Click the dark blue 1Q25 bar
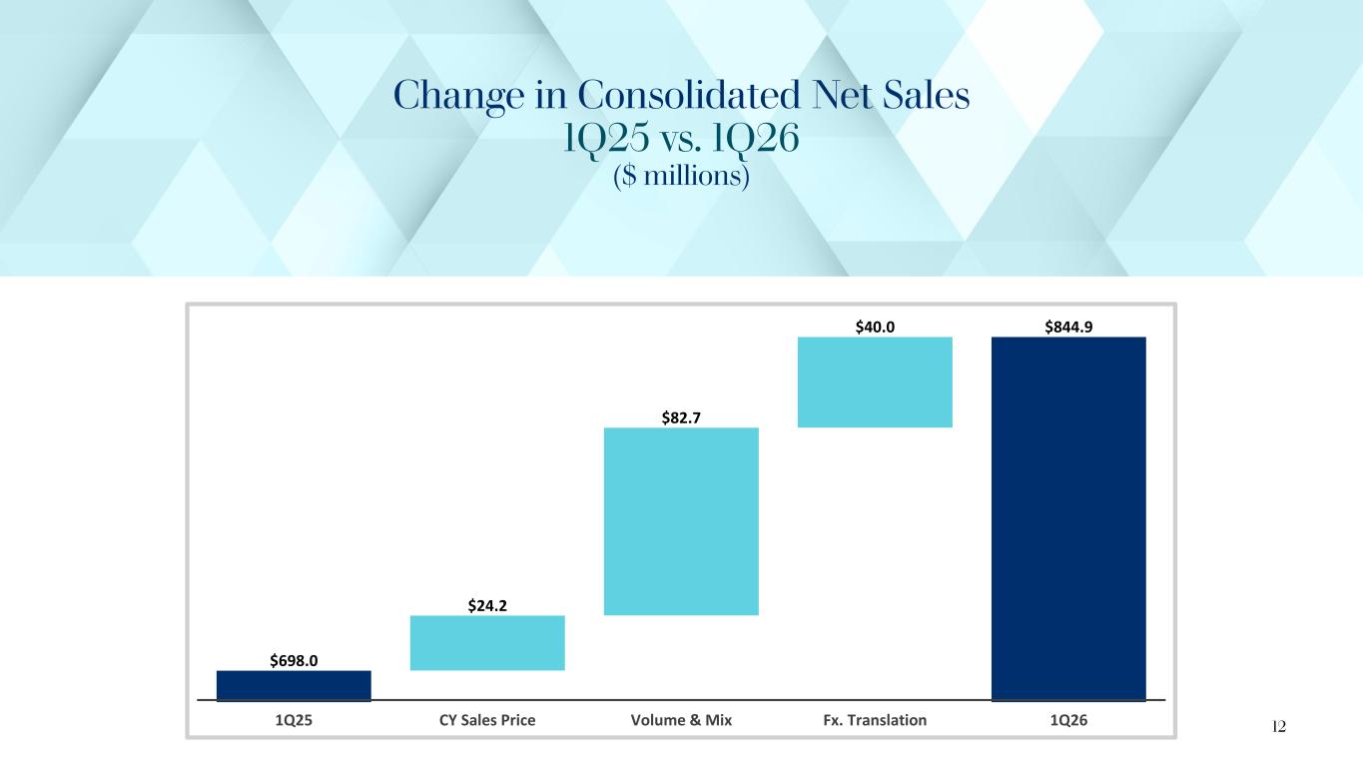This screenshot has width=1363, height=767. pyautogui.click(x=294, y=685)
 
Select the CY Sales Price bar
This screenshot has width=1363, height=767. pyautogui.click(x=487, y=642)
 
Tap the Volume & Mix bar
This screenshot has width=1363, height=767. pyautogui.click(x=681, y=520)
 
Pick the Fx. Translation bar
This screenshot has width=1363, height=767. pyautogui.click(x=875, y=382)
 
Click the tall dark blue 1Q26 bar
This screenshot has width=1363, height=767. pyautogui.click(x=1067, y=518)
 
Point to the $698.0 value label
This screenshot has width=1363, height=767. pyautogui.click(x=294, y=660)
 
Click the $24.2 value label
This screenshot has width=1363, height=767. pyautogui.click(x=487, y=604)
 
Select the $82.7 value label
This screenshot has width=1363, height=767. pyautogui.click(x=681, y=416)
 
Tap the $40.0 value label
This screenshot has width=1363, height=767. pyautogui.click(x=875, y=326)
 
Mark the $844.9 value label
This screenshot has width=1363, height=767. pyautogui.click(x=1067, y=326)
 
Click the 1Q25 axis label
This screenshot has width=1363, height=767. pyautogui.click(x=294, y=720)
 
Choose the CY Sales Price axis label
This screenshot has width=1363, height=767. pyautogui.click(x=487, y=720)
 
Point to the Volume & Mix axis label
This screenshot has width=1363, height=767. pyautogui.click(x=681, y=720)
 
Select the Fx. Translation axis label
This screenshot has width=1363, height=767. pyautogui.click(x=875, y=720)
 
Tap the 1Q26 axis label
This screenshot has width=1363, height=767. pyautogui.click(x=1067, y=720)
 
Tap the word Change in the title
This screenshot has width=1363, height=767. pyautogui.click(x=453, y=98)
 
